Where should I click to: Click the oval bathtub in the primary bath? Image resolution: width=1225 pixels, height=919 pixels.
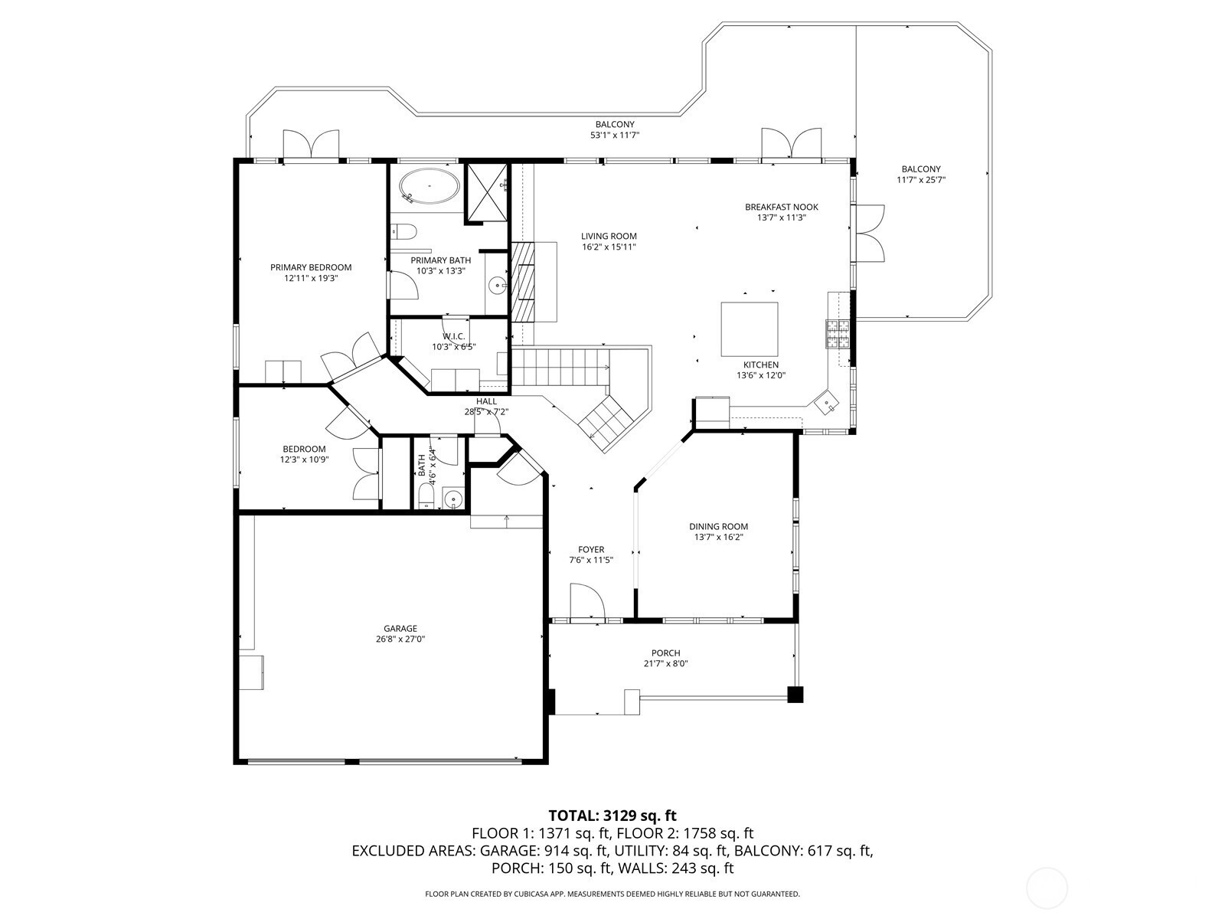tap(430, 185)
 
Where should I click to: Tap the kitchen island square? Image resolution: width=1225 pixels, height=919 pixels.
tap(749, 329)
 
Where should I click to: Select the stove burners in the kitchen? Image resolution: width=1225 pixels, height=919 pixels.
tap(837, 334)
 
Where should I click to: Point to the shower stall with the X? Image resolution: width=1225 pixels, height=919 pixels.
tap(487, 192)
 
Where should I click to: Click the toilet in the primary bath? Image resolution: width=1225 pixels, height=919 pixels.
tap(403, 231)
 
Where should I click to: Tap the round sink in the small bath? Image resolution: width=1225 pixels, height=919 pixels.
tap(453, 498)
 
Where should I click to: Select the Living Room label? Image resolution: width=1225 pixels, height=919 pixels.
tap(609, 236)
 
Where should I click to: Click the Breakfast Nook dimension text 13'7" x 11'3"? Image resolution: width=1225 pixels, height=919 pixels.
tap(782, 218)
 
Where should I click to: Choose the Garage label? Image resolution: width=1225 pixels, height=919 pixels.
tap(400, 628)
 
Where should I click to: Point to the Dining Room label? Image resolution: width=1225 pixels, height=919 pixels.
tap(718, 526)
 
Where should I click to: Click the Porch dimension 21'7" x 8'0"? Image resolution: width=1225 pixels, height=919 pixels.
tap(666, 663)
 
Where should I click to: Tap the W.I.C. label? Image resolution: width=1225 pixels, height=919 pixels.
tap(454, 336)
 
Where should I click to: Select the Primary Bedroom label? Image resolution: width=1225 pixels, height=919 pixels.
tap(311, 267)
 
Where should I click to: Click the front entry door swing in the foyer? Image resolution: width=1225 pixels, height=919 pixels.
tap(588, 601)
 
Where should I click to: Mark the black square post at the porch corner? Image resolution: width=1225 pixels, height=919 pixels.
tap(795, 695)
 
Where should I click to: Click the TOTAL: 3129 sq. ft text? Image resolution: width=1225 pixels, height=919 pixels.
tap(612, 816)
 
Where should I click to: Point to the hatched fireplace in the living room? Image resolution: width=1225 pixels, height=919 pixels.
tap(524, 282)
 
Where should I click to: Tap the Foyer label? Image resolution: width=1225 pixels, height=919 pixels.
tap(591, 550)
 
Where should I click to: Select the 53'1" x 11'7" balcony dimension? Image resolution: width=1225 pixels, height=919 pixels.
tap(615, 135)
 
